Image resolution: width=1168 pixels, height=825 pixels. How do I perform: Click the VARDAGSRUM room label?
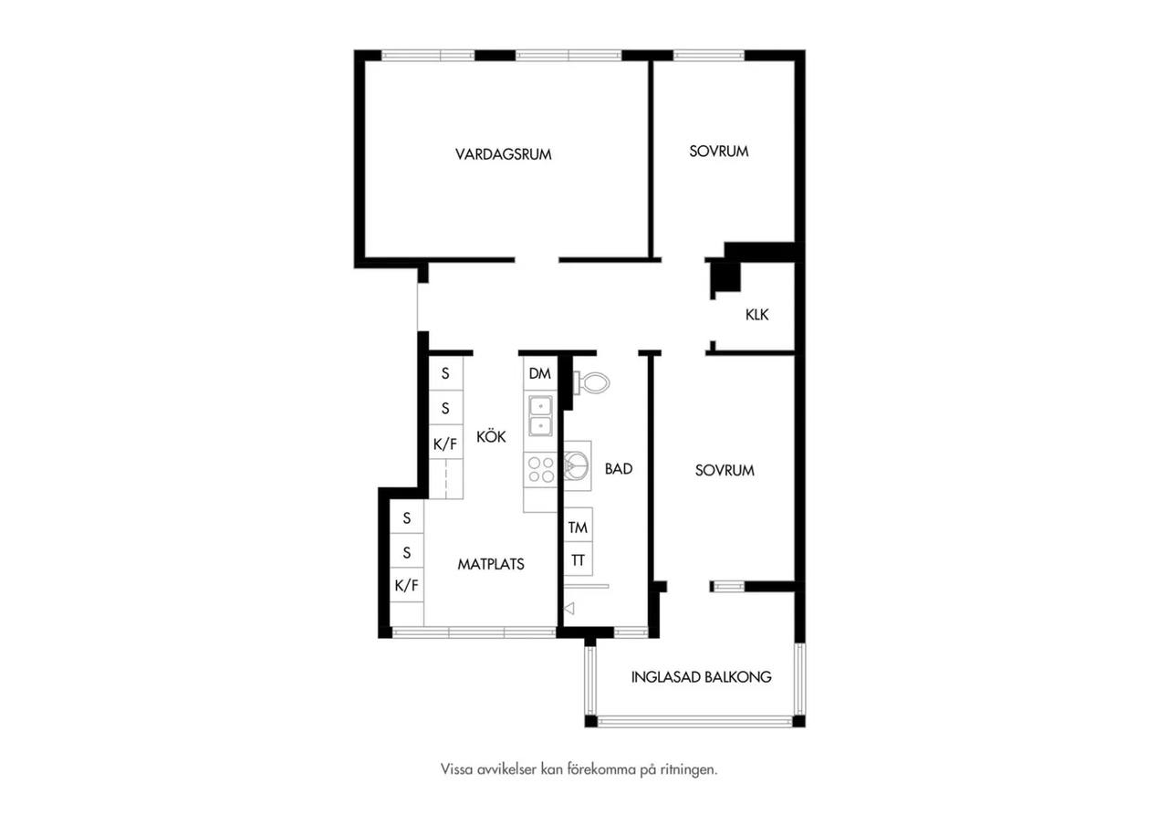point(503,154)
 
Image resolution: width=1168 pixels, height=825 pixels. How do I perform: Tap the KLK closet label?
point(756,315)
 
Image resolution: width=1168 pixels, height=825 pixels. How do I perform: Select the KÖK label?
point(491,436)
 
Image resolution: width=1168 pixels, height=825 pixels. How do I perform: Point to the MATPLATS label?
point(491,564)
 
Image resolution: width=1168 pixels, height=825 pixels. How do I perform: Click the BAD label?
point(619,469)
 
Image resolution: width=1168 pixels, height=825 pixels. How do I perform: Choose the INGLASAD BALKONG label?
point(702,677)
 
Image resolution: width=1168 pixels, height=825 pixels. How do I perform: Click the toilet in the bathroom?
point(591,383)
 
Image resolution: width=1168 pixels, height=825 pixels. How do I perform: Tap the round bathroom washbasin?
point(577,465)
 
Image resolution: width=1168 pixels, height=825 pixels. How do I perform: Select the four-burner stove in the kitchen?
point(541,469)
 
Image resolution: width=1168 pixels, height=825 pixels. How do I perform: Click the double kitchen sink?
point(541,415)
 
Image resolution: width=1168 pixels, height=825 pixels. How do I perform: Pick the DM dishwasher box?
point(540,373)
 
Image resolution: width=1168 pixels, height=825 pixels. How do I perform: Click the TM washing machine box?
point(578,527)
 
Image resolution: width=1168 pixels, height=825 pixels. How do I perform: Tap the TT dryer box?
point(578,559)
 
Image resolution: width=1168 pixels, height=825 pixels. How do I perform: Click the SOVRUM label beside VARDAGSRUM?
point(718,151)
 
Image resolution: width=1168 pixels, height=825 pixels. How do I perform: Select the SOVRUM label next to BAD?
point(725,470)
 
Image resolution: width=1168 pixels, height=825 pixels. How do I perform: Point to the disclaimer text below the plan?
point(579,769)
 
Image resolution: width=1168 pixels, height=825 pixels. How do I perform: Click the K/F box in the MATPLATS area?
point(407,585)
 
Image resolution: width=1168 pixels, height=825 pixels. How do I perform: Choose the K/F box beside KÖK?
point(445,444)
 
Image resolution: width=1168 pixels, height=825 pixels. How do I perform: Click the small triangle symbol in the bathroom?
point(569,608)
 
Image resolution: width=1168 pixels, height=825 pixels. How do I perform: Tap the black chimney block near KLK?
point(727,277)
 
